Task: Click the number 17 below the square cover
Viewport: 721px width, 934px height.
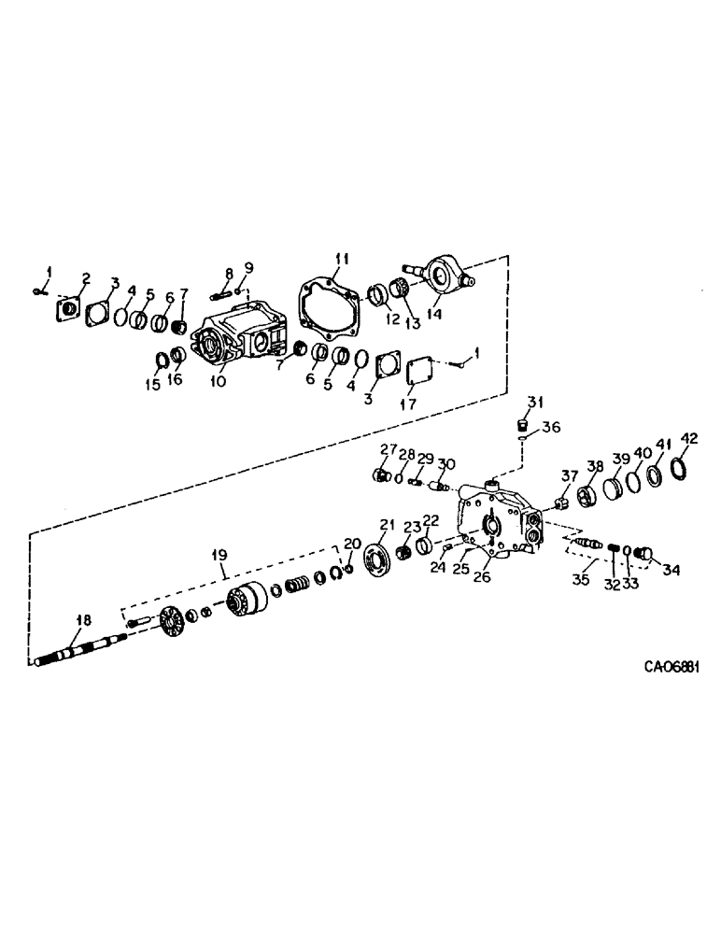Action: click(x=408, y=404)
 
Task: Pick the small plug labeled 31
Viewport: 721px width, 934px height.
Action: click(x=524, y=429)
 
